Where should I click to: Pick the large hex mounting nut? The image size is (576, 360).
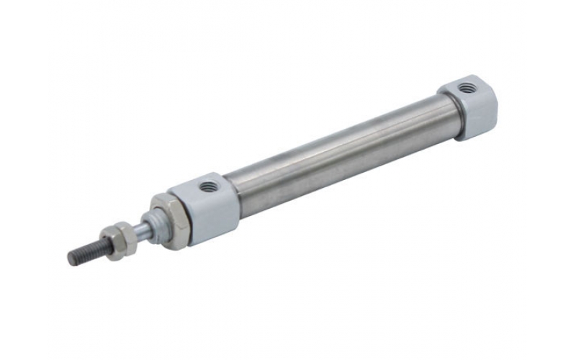[x=171, y=220]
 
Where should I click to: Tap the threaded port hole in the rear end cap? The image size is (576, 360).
[x=468, y=88]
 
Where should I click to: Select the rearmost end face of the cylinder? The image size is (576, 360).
[x=493, y=108]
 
